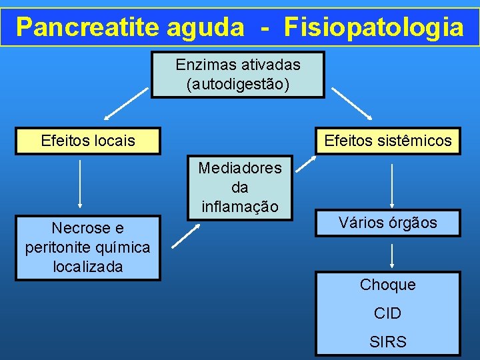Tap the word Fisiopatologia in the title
click(373, 27)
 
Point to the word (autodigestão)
click(238, 84)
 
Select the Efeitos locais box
click(88, 141)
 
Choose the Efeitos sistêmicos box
click(387, 141)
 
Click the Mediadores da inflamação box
click(239, 187)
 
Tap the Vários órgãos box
click(387, 223)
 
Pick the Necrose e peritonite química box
click(87, 247)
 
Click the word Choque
click(387, 285)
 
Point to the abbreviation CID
click(387, 313)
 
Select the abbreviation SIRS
click(387, 342)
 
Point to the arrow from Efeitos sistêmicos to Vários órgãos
click(392, 186)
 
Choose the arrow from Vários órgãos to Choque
click(392, 255)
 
